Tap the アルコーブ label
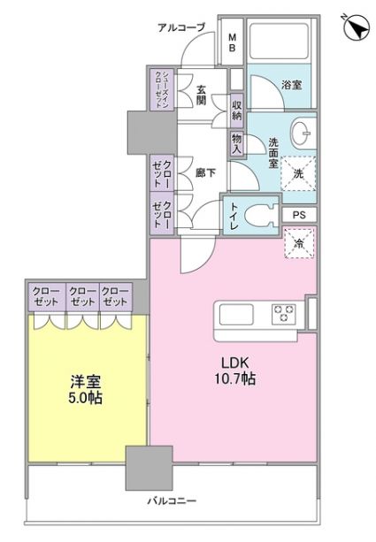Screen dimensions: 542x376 tap(180, 27)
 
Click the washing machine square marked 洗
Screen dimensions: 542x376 tap(298, 174)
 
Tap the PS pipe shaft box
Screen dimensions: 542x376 tap(298, 214)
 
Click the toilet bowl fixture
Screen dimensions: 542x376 tap(261, 215)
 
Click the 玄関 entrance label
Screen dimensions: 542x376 tap(201, 94)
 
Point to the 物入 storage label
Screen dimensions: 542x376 tap(236, 142)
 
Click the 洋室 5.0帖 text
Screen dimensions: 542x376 tap(86, 389)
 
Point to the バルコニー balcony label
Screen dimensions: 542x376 tap(171, 502)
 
